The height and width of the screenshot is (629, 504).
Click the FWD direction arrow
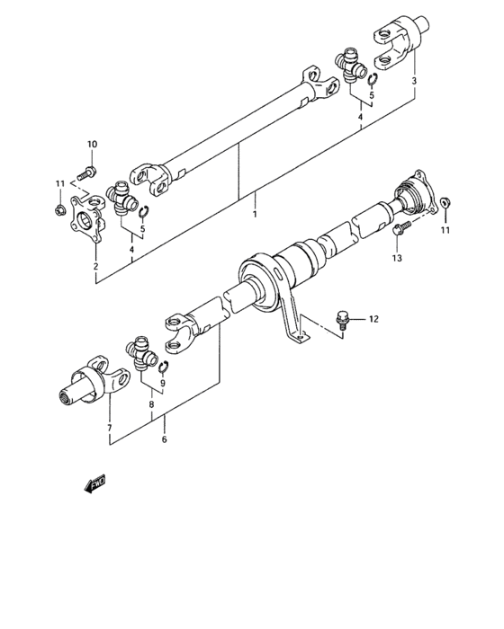click(x=94, y=486)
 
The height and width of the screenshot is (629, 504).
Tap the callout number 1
click(x=255, y=214)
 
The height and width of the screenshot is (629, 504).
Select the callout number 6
click(x=164, y=439)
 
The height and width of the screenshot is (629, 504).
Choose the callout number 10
click(x=91, y=146)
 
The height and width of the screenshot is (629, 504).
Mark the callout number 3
click(x=413, y=82)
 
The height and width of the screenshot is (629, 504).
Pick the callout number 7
click(x=109, y=428)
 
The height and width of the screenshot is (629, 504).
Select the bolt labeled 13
click(x=401, y=227)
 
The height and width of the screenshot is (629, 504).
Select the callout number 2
click(x=95, y=266)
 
